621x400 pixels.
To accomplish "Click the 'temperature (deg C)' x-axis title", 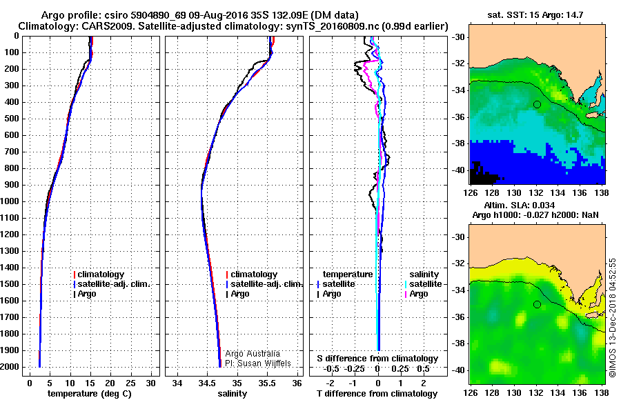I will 90,394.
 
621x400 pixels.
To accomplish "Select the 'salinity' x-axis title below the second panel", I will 233,394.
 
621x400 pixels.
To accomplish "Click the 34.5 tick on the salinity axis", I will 206,382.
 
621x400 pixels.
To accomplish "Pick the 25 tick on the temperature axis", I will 131,382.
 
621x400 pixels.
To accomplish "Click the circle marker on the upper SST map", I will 537,104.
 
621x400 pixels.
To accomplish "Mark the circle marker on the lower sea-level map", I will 537,304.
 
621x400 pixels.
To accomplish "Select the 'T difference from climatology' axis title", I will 378,394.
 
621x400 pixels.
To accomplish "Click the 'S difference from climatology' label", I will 377,359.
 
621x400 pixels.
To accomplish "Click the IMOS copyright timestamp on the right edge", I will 613,317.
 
